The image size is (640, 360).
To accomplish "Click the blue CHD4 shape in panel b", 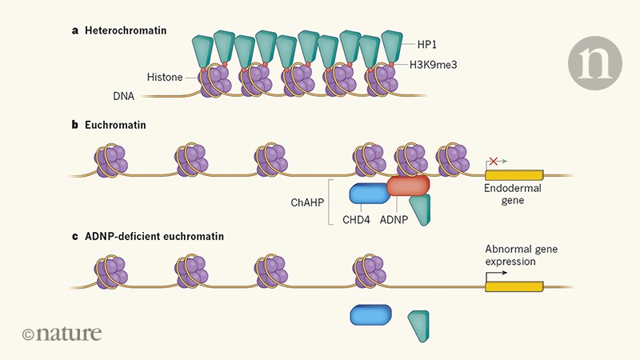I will point(370,193).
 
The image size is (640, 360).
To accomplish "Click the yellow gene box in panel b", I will point(514,174).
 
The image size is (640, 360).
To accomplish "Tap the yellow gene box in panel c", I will point(514,286).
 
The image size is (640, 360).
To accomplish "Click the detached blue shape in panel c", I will point(370,316).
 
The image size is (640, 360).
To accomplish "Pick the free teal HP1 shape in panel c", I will point(419,325).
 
